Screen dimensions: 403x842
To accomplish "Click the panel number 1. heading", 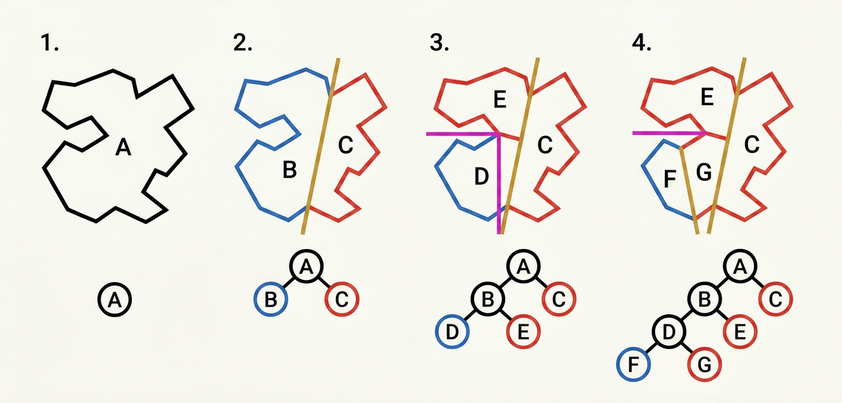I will pos(50,44).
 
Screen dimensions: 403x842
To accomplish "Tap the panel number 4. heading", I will pos(640,44).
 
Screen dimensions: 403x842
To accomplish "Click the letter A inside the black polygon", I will pos(123,148).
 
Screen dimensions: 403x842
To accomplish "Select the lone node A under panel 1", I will pos(115,299).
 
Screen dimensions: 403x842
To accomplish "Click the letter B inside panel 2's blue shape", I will pos(289,170).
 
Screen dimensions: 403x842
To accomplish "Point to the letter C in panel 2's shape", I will pos(345,145).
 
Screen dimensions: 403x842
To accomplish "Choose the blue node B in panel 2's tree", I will pos(271,299).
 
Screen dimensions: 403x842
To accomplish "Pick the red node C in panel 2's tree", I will pos(342,299).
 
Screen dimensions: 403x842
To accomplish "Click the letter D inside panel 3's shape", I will pos(481,177).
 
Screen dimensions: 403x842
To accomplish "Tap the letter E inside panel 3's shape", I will pos(500,101).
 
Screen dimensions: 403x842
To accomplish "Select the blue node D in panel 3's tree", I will pos(452,333).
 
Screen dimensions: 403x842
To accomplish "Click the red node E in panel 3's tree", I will pos(523,333).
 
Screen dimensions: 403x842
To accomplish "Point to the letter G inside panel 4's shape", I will pos(703,171).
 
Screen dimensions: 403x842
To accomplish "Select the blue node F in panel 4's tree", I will pos(633,364).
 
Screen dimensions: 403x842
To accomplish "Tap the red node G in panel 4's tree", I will pos(704,364).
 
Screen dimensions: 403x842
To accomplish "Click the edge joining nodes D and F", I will pos(651,349).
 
